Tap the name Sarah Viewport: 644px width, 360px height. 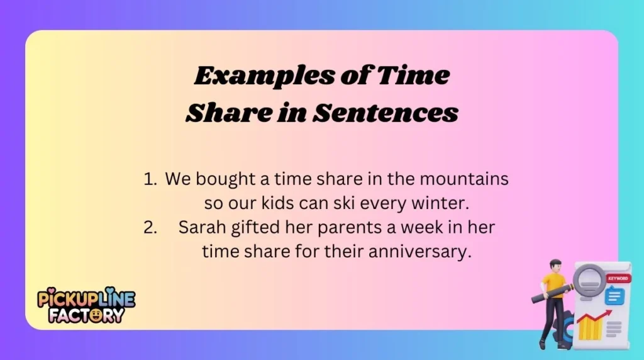pyautogui.click(x=199, y=227)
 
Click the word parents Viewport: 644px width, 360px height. pyautogui.click(x=337, y=227)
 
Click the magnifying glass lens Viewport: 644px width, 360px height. pyautogui.click(x=590, y=276)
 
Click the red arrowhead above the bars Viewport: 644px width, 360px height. pyautogui.click(x=608, y=312)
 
